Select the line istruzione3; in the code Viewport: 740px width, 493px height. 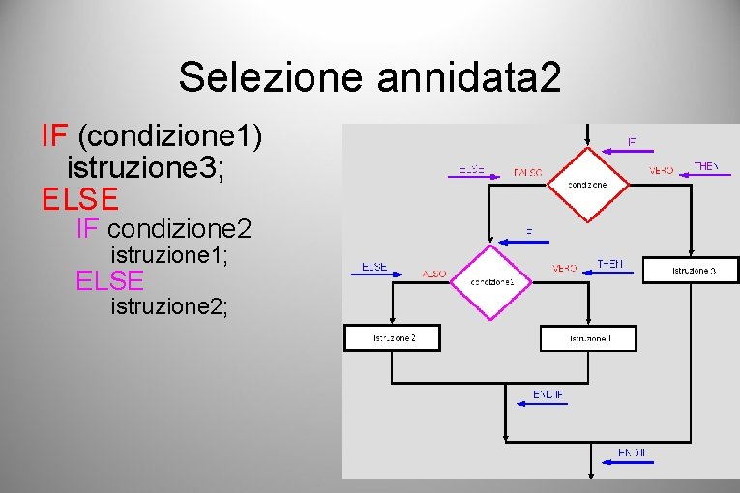(145, 167)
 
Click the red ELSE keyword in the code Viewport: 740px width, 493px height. (80, 198)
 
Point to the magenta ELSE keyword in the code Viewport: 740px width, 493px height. (110, 280)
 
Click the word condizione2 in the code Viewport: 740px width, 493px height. (180, 230)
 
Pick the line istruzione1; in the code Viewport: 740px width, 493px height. (170, 256)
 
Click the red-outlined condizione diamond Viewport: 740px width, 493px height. (586, 184)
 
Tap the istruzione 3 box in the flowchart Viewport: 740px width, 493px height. (693, 270)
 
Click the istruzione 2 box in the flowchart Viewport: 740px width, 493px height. (393, 337)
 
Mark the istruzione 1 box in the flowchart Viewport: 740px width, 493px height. (589, 338)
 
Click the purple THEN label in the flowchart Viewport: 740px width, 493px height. (706, 166)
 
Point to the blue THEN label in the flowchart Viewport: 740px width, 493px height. (609, 264)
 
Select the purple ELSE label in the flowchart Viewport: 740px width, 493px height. (471, 169)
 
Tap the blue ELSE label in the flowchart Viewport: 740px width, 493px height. (374, 266)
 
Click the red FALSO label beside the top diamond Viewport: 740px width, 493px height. (528, 173)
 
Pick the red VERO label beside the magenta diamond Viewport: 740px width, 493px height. (564, 268)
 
